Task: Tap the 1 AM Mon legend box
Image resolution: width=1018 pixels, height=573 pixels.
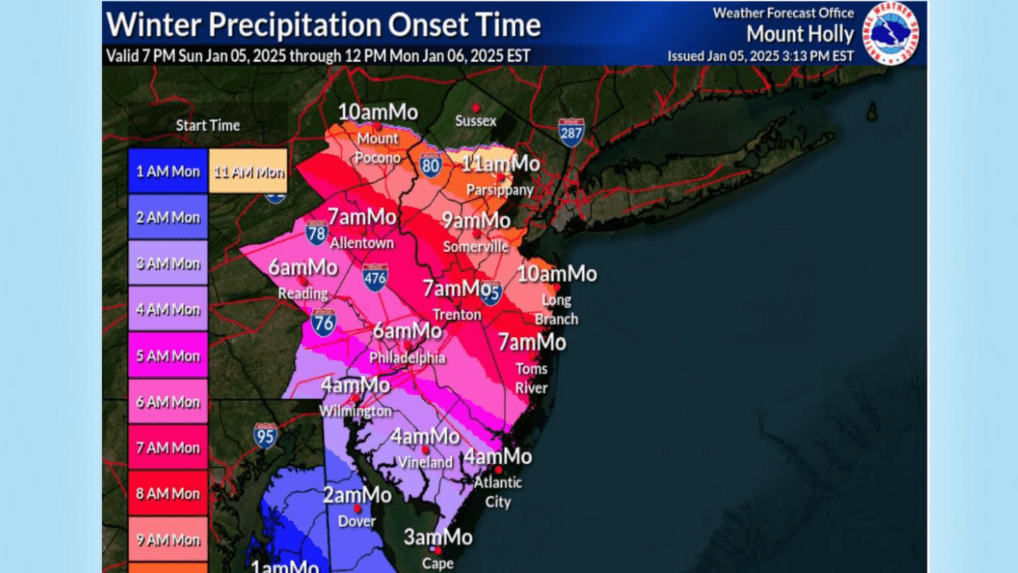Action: pos(168,171)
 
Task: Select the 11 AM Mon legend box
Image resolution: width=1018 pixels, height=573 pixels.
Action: pos(248,171)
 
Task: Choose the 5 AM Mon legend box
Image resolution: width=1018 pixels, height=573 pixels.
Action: pos(168,355)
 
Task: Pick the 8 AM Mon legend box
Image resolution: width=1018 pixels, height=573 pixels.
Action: pos(168,493)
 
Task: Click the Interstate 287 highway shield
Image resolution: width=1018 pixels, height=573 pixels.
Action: pos(571,134)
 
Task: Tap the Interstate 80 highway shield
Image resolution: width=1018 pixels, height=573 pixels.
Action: pos(431,164)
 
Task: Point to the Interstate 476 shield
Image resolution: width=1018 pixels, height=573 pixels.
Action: pos(375,279)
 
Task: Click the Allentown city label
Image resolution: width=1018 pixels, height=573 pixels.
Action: pos(364,243)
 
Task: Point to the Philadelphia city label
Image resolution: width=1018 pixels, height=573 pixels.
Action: pos(407,357)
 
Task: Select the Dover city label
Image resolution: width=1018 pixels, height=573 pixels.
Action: pos(357,521)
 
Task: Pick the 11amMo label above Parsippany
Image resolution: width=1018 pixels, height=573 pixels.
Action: pos(501,163)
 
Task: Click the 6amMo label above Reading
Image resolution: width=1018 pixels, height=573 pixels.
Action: pos(302,267)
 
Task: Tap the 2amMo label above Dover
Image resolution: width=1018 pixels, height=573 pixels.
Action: pos(357,495)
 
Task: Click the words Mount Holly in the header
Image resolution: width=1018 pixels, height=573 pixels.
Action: pos(800,33)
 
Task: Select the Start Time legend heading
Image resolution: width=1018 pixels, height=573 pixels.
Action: pos(208,126)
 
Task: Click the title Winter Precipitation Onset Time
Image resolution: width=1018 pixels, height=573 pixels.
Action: pos(323,24)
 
